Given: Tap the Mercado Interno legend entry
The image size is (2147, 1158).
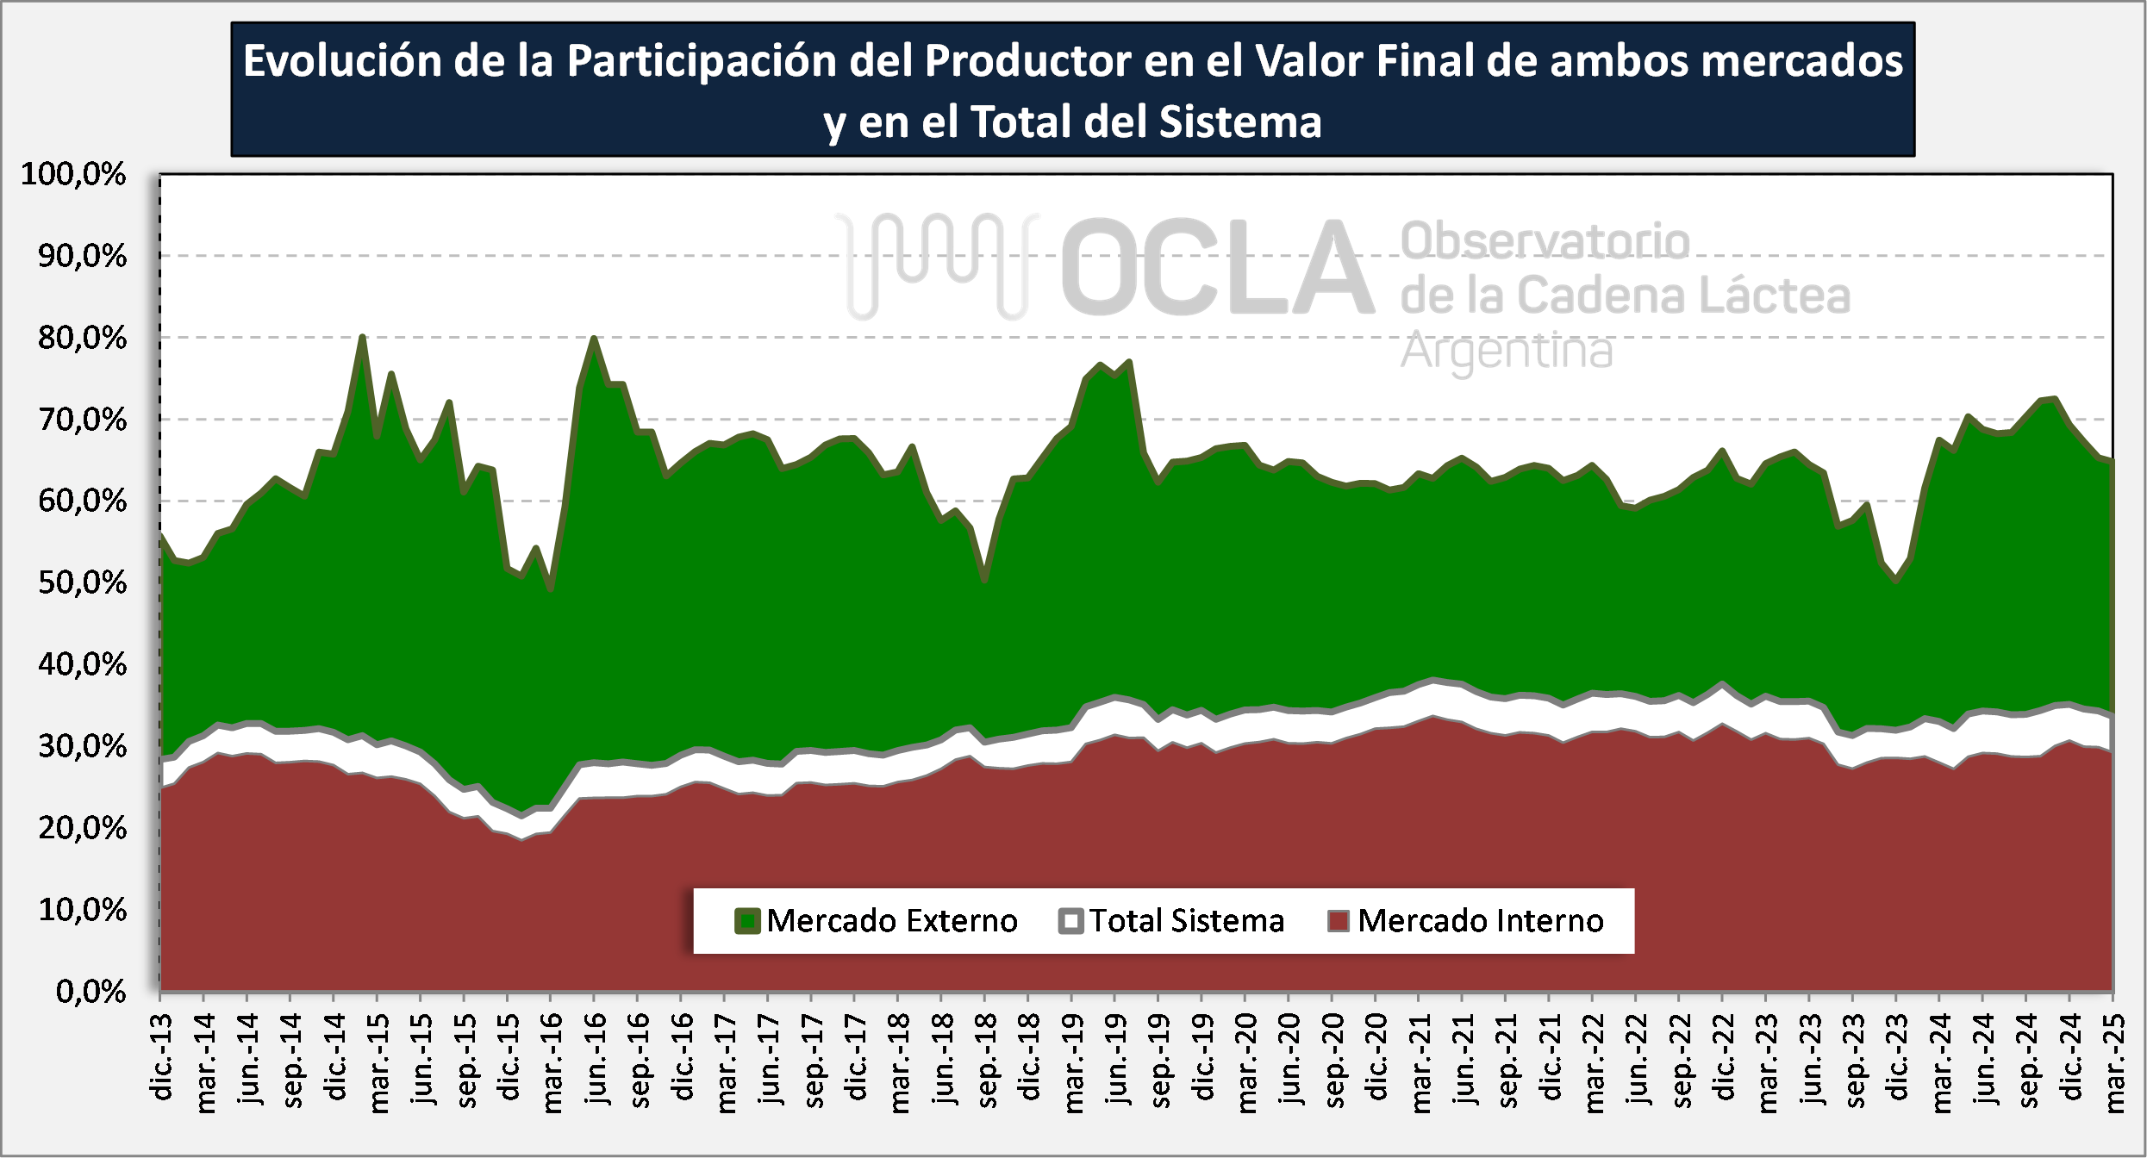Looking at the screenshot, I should click(1466, 921).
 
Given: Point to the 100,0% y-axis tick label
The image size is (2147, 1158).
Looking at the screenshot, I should click(73, 174).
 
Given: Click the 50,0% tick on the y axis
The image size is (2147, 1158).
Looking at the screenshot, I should click(82, 582).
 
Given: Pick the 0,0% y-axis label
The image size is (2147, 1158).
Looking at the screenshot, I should click(90, 992).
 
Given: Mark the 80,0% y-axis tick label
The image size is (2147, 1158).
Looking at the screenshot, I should click(82, 338).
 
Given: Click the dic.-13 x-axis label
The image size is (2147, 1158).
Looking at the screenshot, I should click(161, 1057).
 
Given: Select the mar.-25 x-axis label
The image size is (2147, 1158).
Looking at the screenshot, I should click(2114, 1063).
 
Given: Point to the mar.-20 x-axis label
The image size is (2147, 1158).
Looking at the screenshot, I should click(1246, 1063).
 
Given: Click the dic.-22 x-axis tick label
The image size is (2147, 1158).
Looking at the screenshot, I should click(1723, 1057).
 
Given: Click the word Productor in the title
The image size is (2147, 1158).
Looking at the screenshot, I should click(1027, 61).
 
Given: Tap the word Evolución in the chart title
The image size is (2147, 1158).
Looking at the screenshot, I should click(342, 61).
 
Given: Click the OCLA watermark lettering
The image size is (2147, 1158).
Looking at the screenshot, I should click(1215, 267).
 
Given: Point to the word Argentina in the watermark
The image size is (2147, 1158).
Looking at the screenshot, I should click(1506, 352).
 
